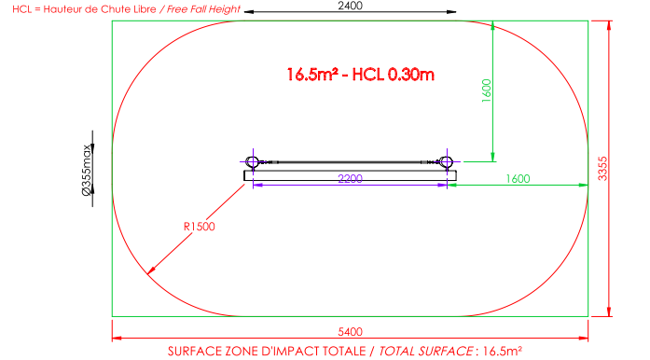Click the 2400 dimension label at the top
351,6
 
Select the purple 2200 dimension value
351,179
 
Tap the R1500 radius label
200,227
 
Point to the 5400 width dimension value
351,332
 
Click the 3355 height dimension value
602,169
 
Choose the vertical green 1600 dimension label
487,90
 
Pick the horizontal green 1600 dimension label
518,179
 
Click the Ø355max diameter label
87,170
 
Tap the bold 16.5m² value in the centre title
312,75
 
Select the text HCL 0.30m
393,75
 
